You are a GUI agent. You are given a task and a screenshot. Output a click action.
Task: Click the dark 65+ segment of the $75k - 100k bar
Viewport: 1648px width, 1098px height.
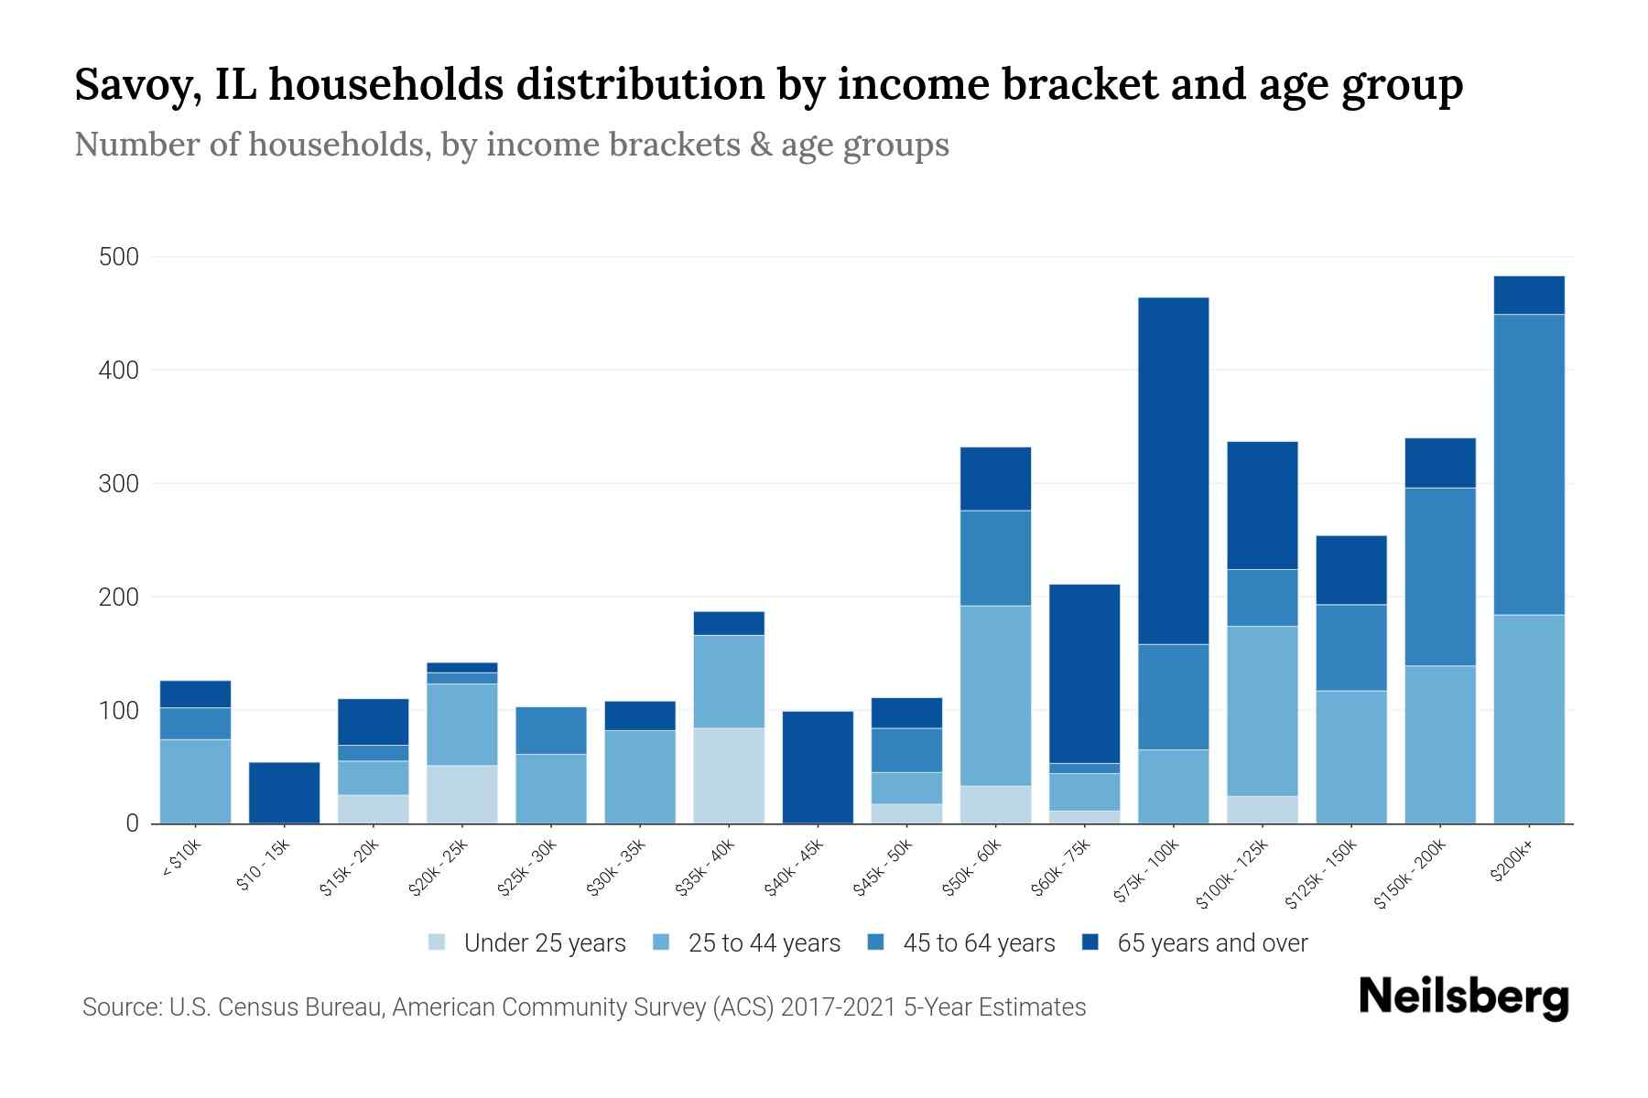pos(1173,470)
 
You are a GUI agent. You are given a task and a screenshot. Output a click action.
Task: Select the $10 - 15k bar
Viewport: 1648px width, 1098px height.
pos(284,792)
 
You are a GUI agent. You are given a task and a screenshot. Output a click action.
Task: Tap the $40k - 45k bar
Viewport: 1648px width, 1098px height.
pos(818,767)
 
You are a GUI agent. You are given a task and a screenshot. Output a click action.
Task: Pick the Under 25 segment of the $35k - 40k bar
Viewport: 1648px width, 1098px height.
pos(729,775)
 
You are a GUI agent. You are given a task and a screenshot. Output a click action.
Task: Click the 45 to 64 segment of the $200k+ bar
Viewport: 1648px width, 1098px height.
pos(1528,464)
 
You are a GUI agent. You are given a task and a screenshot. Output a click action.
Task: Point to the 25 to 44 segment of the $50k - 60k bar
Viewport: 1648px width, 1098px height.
pos(995,695)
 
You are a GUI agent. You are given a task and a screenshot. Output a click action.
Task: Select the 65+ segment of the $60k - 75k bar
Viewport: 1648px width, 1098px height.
pos(1084,673)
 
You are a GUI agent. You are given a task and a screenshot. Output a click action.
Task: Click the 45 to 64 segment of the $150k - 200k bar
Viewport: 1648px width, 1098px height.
pos(1439,576)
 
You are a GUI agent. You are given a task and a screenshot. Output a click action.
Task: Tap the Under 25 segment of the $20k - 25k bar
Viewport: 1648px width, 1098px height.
pos(461,793)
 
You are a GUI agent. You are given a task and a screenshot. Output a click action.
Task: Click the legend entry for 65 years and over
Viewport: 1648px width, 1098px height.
pos(1211,943)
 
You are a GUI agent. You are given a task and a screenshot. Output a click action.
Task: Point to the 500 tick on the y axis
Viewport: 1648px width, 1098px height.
pos(119,257)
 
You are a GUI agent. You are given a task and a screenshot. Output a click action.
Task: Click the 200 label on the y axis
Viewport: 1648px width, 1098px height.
pos(119,597)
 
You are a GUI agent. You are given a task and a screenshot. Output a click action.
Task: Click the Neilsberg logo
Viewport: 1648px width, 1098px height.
pos(1463,997)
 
